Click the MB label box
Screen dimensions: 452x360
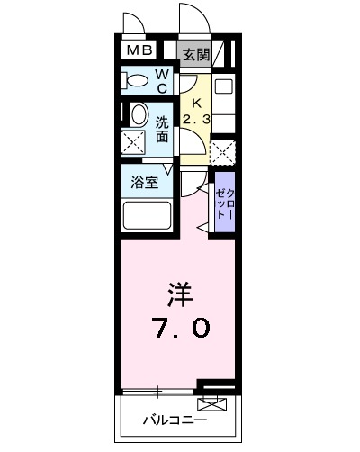[x=139, y=53]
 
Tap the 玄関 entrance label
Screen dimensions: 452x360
[x=195, y=54]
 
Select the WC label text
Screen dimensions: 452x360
[x=163, y=82]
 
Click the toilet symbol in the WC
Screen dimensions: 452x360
[x=138, y=80]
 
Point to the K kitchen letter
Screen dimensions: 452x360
[x=195, y=102]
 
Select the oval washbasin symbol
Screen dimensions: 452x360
[x=139, y=114]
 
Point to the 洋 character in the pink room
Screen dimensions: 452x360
[x=178, y=294]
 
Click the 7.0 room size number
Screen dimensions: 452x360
[x=178, y=327]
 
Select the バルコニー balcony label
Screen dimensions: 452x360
[x=175, y=420]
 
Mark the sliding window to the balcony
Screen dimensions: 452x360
[x=158, y=392]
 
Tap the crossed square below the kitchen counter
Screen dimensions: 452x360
[x=223, y=149]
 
